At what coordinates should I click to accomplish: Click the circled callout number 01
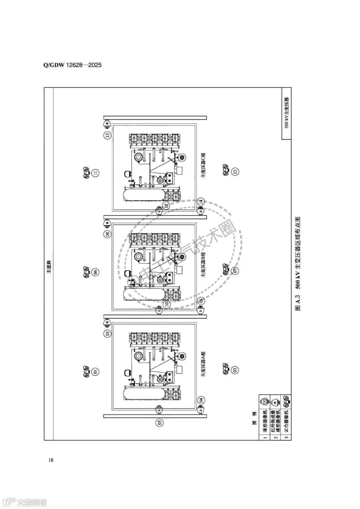tap(96, 371)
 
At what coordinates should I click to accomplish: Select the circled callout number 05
tap(160, 422)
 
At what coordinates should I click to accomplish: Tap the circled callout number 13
tap(107, 135)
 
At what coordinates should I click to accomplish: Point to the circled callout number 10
tap(167, 304)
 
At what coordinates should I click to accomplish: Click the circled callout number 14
tap(201, 201)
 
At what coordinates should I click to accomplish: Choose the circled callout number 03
tap(107, 333)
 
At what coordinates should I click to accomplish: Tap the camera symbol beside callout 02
tap(225, 368)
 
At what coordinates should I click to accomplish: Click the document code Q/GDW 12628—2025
tap(72, 65)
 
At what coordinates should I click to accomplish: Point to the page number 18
tap(51, 460)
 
